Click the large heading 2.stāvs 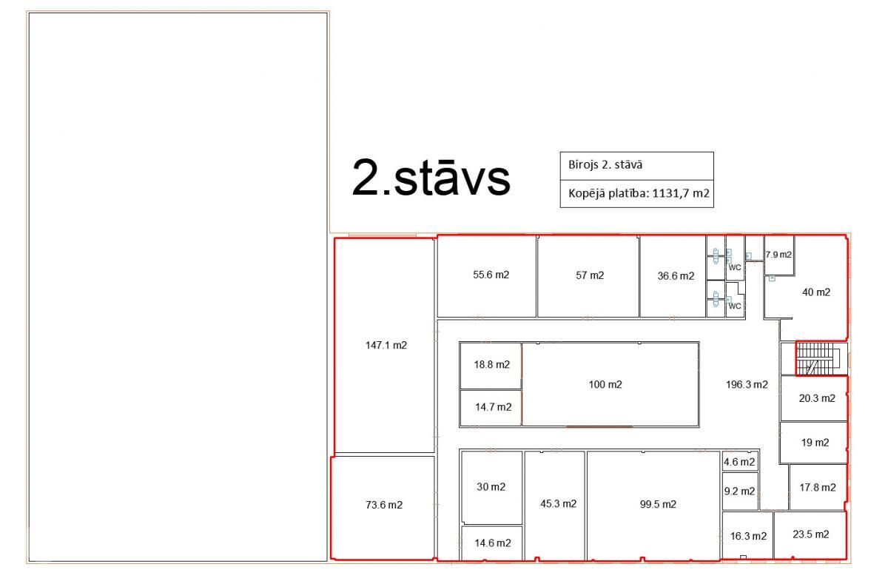(431, 177)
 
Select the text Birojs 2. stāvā (605, 164)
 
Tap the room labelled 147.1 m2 (386, 346)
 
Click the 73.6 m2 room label (384, 505)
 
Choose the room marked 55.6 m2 (491, 275)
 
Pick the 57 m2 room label (590, 275)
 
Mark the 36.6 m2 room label (676, 276)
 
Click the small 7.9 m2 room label (778, 255)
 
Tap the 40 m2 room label (816, 292)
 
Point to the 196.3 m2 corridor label (747, 385)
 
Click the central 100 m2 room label (605, 384)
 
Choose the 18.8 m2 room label (492, 364)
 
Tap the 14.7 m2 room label (494, 407)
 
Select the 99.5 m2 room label (658, 504)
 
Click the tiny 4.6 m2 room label (739, 462)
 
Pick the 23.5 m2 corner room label (811, 534)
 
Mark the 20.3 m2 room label (817, 398)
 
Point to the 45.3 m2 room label (559, 503)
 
